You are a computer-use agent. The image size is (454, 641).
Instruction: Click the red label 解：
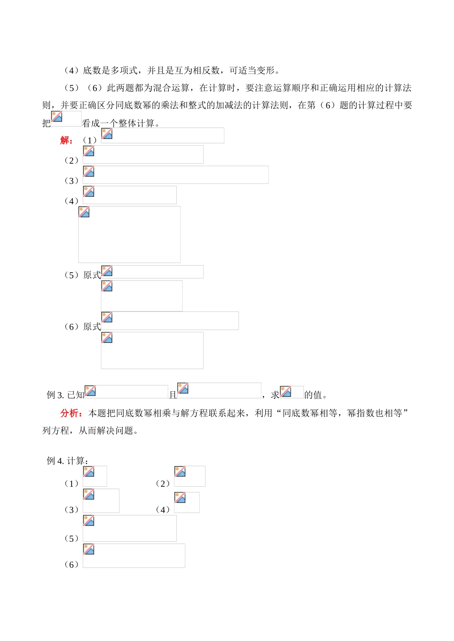66,140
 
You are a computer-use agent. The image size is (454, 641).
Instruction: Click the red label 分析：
72,413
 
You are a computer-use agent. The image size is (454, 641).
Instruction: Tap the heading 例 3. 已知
65,395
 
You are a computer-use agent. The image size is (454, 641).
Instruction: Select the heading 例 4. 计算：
67,461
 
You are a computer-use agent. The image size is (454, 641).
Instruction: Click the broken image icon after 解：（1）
107,134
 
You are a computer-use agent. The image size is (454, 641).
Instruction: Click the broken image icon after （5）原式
107,271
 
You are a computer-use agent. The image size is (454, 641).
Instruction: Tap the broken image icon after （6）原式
107,318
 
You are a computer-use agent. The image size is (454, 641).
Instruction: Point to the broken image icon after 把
57,117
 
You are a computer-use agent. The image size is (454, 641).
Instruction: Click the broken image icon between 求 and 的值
286,392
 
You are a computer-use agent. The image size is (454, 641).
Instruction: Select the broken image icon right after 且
183,388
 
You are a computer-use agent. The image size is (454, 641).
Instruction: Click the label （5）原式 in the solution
83,275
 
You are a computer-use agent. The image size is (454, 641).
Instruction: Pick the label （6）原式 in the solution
83,327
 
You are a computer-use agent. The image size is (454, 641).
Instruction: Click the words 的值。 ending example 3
316,395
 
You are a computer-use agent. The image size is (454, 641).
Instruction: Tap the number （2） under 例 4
163,484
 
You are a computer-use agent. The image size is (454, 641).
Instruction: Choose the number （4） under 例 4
163,510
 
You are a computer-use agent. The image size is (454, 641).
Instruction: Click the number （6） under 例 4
72,565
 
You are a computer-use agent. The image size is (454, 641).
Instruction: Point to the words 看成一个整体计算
119,124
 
